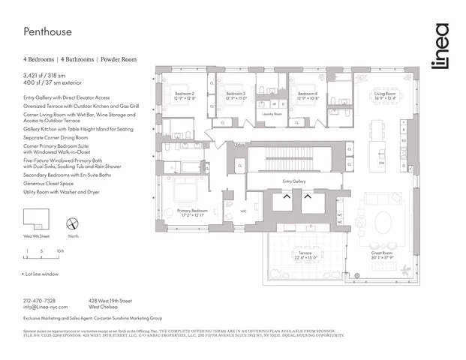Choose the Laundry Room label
[x=273, y=114]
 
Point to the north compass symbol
[x=74, y=223]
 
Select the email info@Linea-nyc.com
[x=45, y=307]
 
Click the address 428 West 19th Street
[x=114, y=300]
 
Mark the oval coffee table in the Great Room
[x=383, y=222]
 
